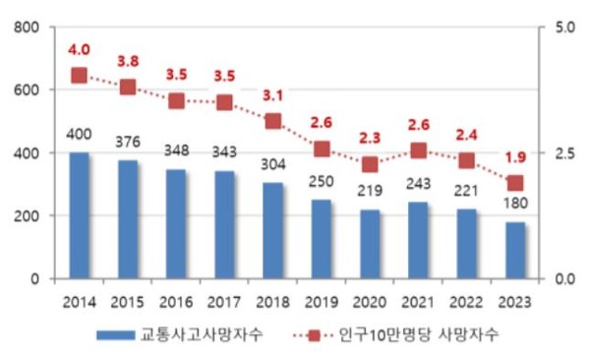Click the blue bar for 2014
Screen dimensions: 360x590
pos(79,215)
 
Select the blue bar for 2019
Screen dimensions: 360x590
pos(322,239)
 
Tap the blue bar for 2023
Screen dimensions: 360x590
pos(515,250)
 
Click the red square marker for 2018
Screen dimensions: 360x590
pos(273,121)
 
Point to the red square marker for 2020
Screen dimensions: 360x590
pos(370,163)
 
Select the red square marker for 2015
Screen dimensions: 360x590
pos(128,88)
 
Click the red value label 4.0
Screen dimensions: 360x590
pos(79,50)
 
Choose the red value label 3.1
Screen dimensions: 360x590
pos(273,95)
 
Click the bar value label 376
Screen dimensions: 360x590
pos(128,142)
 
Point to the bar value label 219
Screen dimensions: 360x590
pos(370,191)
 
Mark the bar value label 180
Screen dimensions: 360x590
pos(515,204)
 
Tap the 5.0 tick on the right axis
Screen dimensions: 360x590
pos(562,27)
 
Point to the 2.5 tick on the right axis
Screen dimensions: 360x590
pos(562,153)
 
